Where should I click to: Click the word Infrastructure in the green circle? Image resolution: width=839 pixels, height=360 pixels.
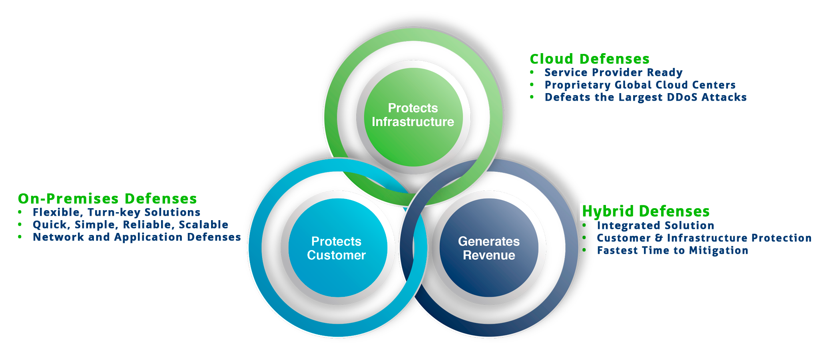coord(413,122)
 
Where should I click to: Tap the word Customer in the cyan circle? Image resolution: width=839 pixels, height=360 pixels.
coord(336,255)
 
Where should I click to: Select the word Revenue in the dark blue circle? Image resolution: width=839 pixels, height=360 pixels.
coord(489,255)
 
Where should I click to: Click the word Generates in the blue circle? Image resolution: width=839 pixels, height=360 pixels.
coord(489,241)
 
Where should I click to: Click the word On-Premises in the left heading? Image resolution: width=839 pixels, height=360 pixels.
coord(68,199)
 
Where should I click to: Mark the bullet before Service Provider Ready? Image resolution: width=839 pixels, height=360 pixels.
coord(532,72)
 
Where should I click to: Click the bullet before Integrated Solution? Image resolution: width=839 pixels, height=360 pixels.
coord(584,225)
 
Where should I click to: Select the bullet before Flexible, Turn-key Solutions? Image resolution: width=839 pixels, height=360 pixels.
coord(20,212)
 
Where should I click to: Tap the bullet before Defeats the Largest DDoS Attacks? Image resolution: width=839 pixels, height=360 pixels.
coord(532,97)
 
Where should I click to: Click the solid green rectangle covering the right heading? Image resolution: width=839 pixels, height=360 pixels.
coord(642,211)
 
